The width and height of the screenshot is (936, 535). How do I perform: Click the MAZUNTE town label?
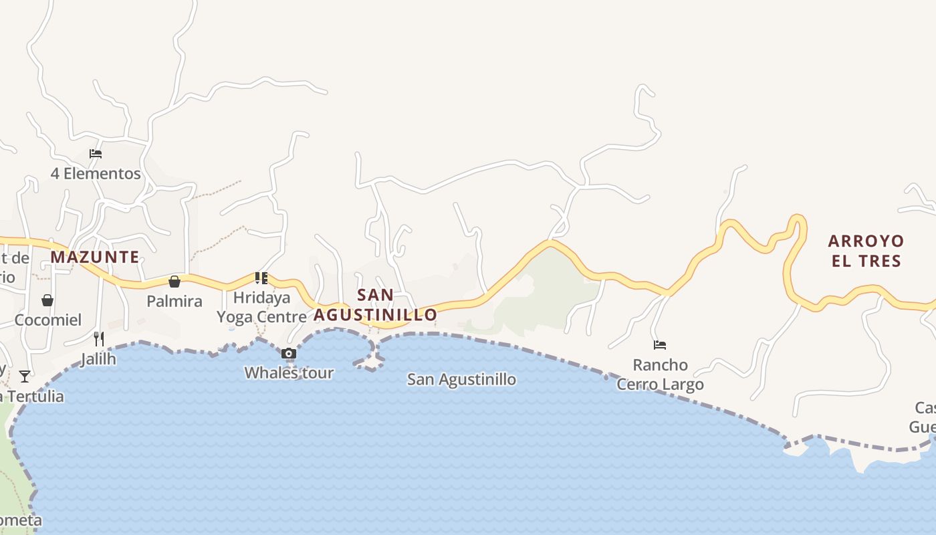(x=95, y=257)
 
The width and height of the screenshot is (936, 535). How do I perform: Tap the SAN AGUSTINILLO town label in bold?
(x=375, y=305)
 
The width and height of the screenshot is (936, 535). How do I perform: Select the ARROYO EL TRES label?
(x=866, y=251)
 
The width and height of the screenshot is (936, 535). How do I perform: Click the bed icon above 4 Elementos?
(x=96, y=154)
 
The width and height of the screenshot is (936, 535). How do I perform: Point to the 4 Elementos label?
(x=96, y=174)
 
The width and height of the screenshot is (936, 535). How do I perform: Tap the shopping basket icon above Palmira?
(x=174, y=282)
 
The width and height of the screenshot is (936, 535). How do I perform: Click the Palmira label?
(x=174, y=302)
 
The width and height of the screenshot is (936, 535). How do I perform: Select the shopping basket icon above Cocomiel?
(x=47, y=300)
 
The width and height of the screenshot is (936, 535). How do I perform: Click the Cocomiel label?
(x=48, y=320)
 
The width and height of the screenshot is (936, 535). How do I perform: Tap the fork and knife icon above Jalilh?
(x=99, y=338)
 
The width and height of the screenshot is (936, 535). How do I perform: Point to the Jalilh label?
(x=98, y=359)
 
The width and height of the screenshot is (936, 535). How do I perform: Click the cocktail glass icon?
(x=25, y=377)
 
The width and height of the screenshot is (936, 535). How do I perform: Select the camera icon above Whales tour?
(x=289, y=353)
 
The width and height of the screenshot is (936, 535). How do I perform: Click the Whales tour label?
(x=289, y=373)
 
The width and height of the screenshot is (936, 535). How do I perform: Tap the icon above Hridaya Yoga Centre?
(x=261, y=278)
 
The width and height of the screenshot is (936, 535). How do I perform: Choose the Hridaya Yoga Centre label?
(x=261, y=307)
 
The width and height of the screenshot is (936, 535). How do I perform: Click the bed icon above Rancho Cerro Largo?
(x=660, y=345)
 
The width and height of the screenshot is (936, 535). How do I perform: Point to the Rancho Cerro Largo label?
(x=660, y=374)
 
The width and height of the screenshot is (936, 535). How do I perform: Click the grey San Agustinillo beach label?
(x=461, y=380)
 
